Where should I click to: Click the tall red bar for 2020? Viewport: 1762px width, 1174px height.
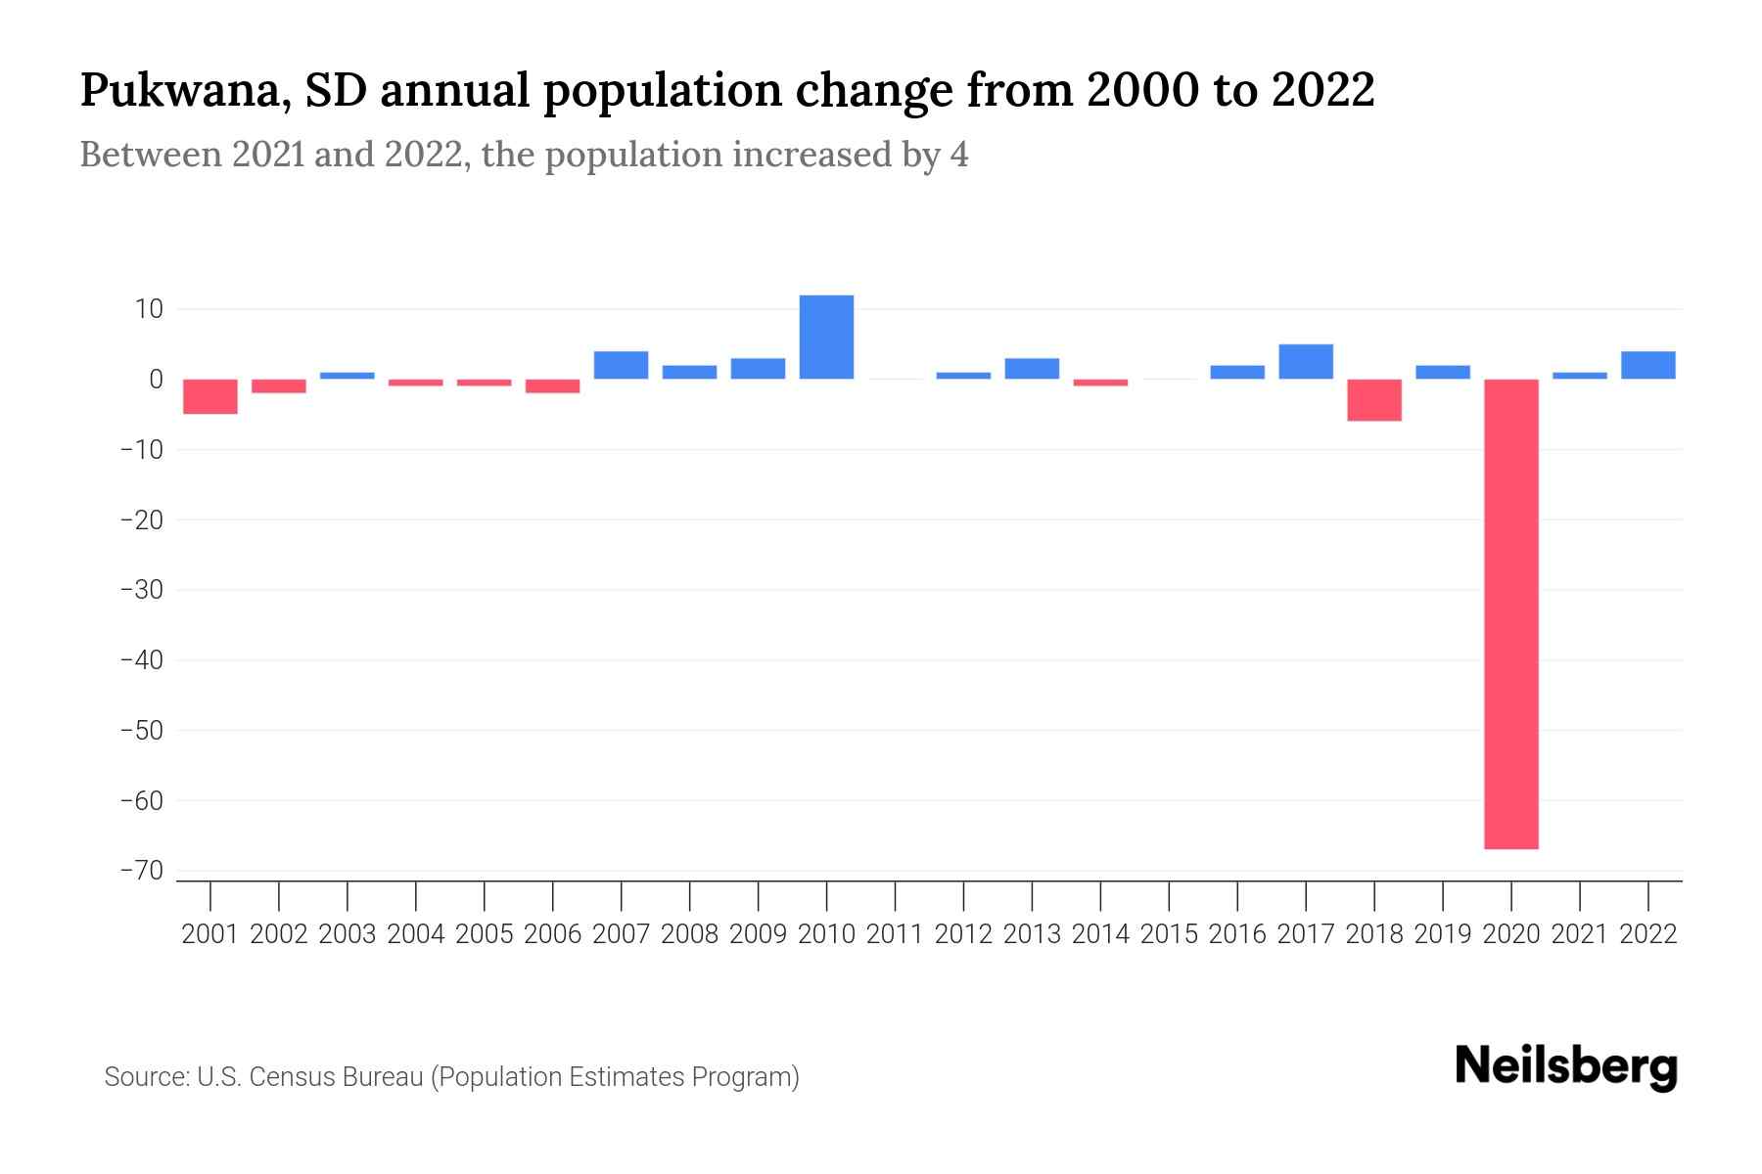[x=1510, y=613]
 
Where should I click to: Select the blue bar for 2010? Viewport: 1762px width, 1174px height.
[x=826, y=337]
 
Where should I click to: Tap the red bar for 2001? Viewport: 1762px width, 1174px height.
[x=210, y=396]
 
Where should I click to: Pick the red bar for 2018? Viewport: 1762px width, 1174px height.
[x=1373, y=400]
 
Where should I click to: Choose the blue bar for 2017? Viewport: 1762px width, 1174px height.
[x=1305, y=362]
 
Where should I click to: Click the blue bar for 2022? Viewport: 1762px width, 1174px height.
[x=1647, y=365]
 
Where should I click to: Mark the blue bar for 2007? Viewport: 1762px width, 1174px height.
[x=621, y=365]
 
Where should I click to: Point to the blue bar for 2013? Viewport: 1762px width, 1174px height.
[x=1032, y=369]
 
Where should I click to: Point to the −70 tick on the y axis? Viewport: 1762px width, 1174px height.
[x=141, y=871]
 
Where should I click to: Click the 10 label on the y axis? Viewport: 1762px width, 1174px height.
[x=149, y=309]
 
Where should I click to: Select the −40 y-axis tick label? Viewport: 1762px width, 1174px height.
[x=141, y=660]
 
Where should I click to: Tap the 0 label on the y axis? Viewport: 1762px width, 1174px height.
[x=156, y=380]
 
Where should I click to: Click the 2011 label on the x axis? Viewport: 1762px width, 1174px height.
[x=895, y=934]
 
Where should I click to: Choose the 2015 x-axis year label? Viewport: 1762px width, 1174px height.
[x=1169, y=934]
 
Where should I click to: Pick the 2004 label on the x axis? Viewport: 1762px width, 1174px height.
[x=415, y=934]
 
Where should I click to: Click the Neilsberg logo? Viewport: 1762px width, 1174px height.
[x=1566, y=1066]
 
